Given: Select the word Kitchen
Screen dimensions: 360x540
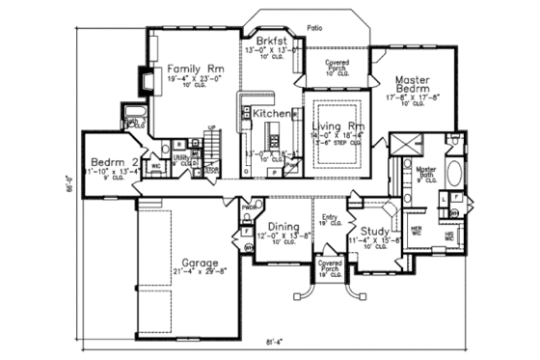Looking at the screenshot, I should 271,114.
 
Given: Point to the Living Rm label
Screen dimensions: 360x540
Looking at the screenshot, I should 337,126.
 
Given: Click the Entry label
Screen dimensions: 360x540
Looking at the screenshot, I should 329,218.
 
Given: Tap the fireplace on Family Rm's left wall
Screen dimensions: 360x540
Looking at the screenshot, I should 146,83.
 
